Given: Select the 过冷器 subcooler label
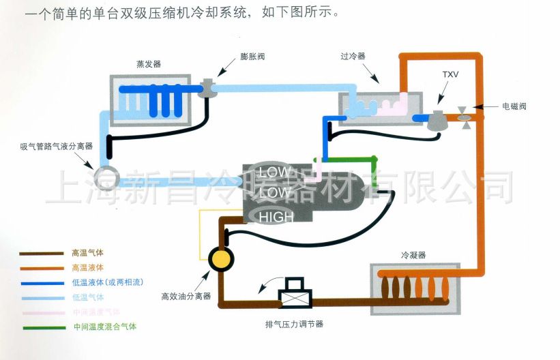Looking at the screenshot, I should tap(353, 57).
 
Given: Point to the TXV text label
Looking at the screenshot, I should tap(450, 74).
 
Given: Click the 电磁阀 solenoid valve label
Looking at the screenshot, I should tap(514, 106).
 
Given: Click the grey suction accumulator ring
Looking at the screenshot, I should tap(106, 177).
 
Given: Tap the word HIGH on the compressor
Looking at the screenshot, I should tap(276, 217).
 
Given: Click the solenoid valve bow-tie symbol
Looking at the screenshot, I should tap(465, 114).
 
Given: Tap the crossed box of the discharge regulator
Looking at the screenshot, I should tap(295, 297).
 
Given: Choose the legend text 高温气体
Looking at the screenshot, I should tap(85, 252).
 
